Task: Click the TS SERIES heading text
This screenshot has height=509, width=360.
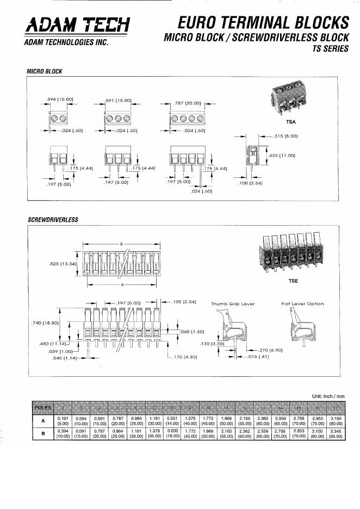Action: pyautogui.click(x=330, y=49)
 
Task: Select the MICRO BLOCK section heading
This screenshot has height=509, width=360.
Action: pyautogui.click(x=45, y=71)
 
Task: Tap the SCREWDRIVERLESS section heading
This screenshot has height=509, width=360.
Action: pyautogui.click(x=53, y=220)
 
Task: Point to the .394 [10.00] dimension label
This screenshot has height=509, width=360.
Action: pyautogui.click(x=60, y=99)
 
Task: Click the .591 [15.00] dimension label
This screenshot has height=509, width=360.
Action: pyautogui.click(x=119, y=100)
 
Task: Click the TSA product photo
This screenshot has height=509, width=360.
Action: pyautogui.click(x=289, y=98)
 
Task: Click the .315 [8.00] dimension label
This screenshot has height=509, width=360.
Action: pyautogui.click(x=285, y=136)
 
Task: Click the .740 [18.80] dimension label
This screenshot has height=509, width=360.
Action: pyautogui.click(x=46, y=322)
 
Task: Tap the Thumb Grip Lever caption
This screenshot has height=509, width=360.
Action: pyautogui.click(x=233, y=304)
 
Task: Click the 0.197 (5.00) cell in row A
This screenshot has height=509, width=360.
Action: pyautogui.click(x=63, y=420)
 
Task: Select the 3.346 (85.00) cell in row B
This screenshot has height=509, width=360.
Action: pyautogui.click(x=335, y=433)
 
